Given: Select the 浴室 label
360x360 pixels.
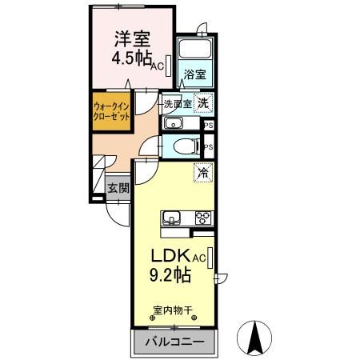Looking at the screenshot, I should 194,75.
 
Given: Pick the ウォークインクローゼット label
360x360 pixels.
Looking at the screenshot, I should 111,111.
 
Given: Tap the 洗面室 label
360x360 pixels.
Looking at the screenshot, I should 177,104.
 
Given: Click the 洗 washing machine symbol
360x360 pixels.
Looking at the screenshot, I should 204,102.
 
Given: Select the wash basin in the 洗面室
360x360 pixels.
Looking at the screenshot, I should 174,123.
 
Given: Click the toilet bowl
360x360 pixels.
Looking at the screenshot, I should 187,146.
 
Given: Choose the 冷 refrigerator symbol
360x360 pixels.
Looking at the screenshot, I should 203,171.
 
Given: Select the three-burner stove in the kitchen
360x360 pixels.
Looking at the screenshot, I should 200,217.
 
